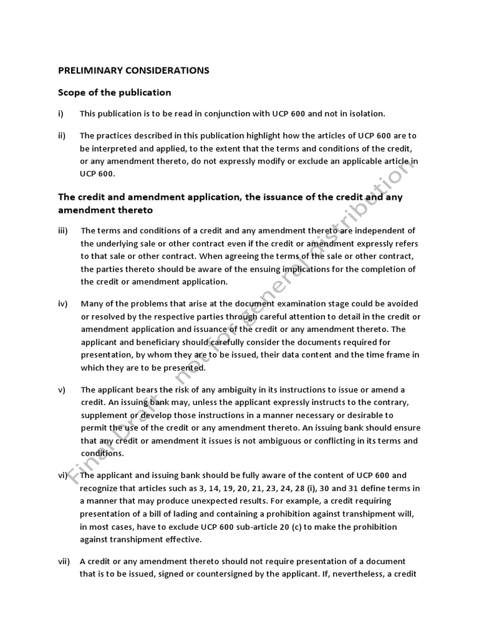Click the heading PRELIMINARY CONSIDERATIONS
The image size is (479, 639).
click(133, 71)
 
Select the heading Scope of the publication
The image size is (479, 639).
click(114, 92)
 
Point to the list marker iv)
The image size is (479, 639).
click(62, 304)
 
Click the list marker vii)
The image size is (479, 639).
click(64, 562)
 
